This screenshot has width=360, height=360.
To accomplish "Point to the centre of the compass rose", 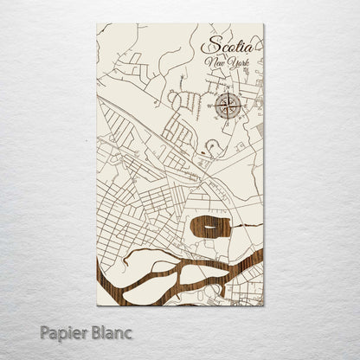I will pos(229,106).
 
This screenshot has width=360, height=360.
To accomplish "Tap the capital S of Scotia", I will pos(208,44).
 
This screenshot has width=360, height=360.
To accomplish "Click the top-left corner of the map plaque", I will pos(96,25).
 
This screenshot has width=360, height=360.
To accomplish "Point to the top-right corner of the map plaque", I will pos(264,25).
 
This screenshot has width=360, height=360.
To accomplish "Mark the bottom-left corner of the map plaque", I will pos(96,305).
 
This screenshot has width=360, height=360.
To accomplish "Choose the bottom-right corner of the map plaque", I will pos(264,305).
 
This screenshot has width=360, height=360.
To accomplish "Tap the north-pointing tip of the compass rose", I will pos(229,91).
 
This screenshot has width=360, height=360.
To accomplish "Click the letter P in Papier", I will pos(44,333).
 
